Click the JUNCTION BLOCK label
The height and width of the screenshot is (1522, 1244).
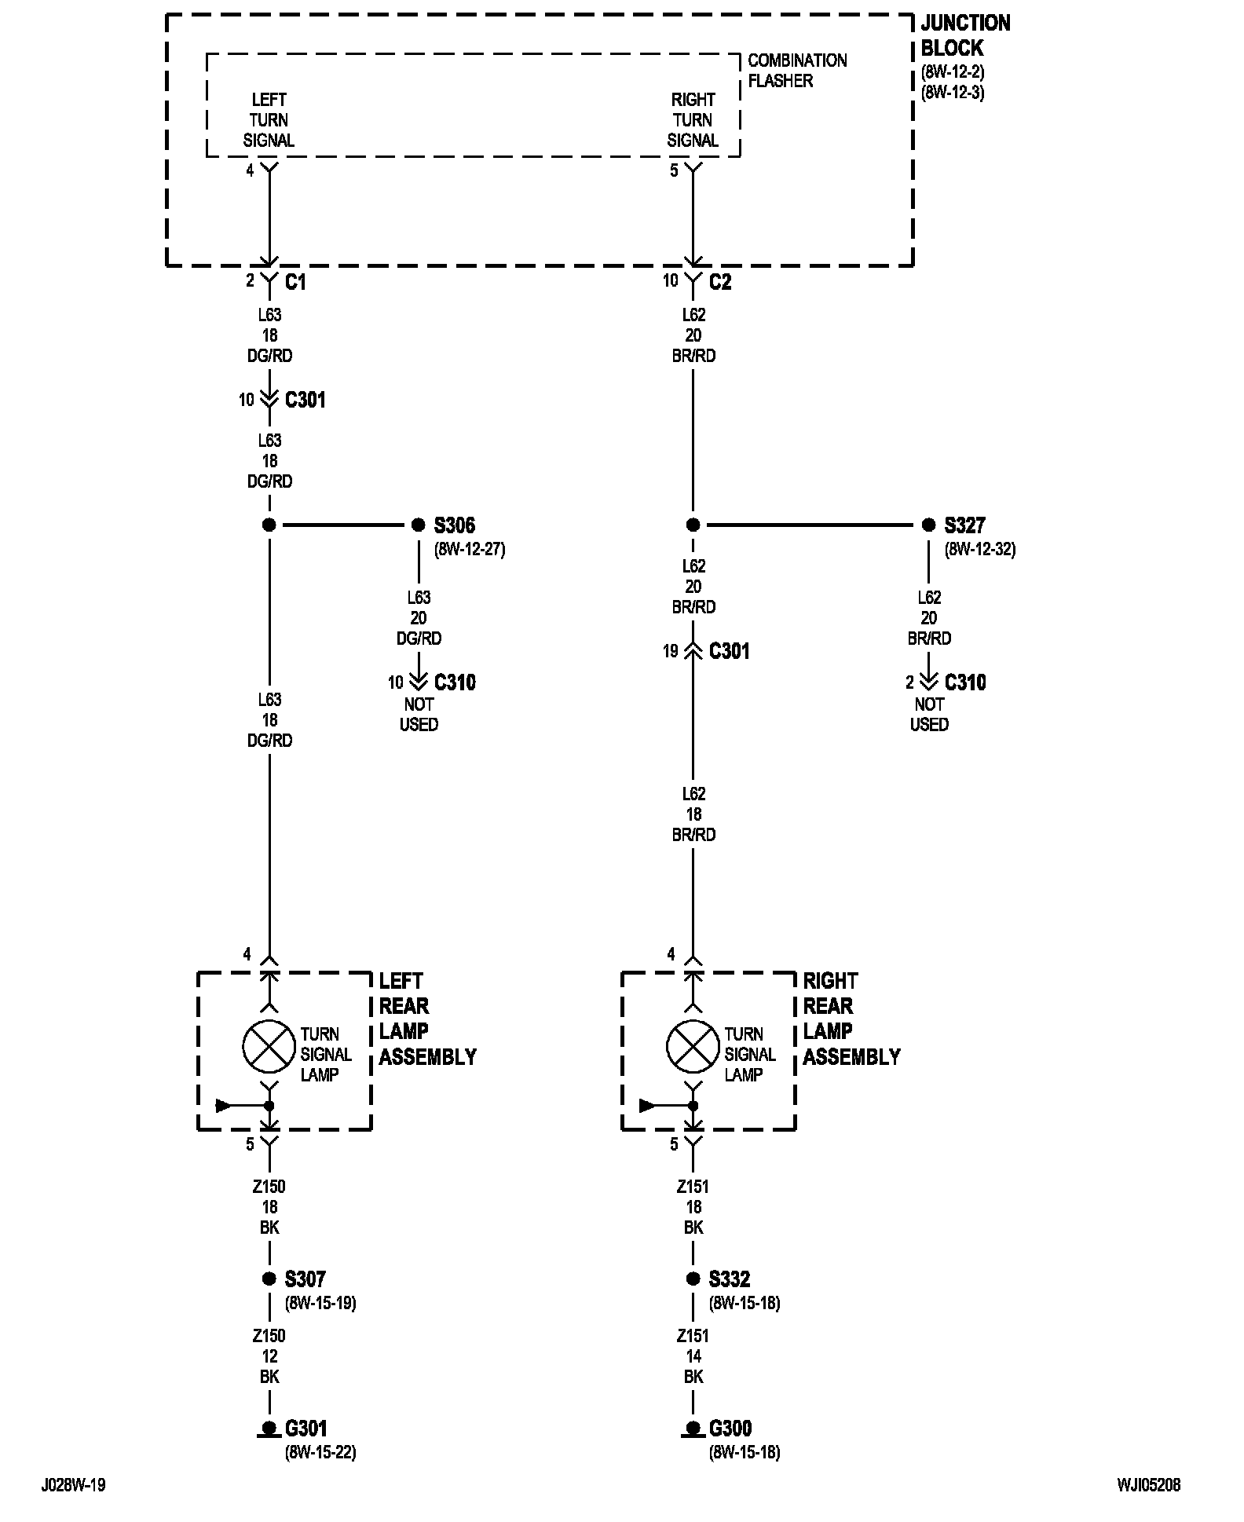coord(965,35)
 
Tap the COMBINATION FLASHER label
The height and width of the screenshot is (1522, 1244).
coord(797,71)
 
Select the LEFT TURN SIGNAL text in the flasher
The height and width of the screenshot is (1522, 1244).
coord(269,120)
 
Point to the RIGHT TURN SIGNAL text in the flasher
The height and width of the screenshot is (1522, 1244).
coord(693,120)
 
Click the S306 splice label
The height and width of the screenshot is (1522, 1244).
coord(455,525)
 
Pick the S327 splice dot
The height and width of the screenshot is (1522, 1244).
coord(928,525)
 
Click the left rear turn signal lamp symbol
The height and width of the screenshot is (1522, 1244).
coord(269,1047)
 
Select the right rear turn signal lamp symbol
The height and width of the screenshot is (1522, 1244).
coord(693,1047)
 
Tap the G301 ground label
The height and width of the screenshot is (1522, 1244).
coord(306,1429)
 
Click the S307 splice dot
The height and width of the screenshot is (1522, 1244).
coord(269,1279)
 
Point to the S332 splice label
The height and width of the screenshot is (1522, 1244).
coord(730,1279)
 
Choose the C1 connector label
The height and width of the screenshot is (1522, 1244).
coord(295,282)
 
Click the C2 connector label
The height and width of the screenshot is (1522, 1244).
coord(720,282)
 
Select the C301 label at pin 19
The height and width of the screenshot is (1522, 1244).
coord(730,651)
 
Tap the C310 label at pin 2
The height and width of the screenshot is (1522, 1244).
coord(965,682)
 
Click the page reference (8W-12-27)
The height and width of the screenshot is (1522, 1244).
coord(470,550)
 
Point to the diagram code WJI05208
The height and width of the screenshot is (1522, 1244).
coord(1149,1485)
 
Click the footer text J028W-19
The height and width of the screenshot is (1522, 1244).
coord(73,1485)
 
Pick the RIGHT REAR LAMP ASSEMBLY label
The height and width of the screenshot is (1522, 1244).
coord(851,1019)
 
